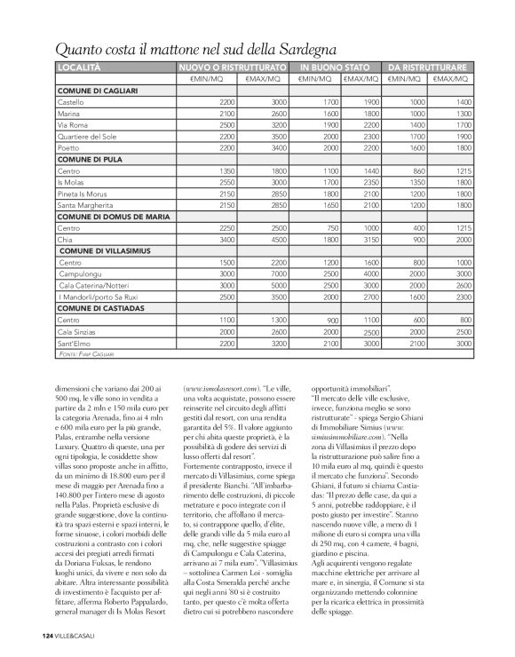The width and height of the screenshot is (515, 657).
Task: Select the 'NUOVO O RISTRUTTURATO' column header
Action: (232, 67)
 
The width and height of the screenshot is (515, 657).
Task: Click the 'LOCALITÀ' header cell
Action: (79, 67)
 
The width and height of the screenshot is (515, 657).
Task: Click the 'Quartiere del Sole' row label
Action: (88, 138)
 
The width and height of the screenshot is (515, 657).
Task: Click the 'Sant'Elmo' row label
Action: (74, 342)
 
